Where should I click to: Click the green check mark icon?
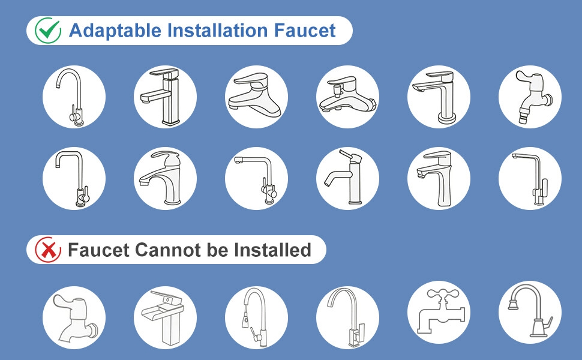tap(47, 30)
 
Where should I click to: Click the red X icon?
tap(47, 250)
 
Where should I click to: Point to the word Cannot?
tap(169, 250)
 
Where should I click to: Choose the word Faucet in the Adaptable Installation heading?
tap(308, 30)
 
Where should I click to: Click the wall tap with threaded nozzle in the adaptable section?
tap(530, 97)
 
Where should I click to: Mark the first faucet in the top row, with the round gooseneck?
tap(74, 97)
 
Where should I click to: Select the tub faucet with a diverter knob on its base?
tap(347, 97)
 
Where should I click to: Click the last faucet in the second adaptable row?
tap(530, 178)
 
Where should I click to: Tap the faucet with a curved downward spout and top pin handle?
tap(347, 178)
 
